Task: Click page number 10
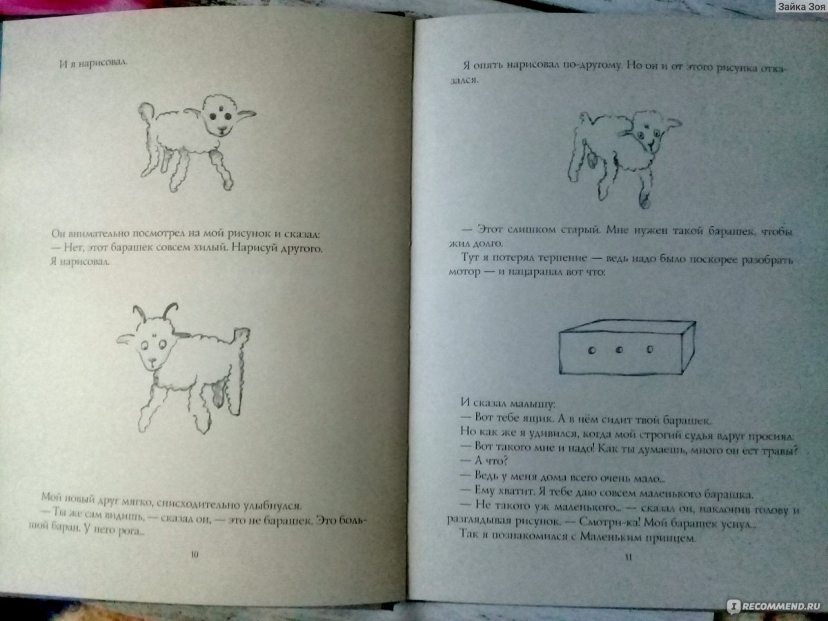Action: pos(195,555)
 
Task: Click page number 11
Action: pos(628,557)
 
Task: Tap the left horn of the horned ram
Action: pos(139,314)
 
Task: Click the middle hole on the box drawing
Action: pos(619,351)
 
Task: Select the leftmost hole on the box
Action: pos(591,351)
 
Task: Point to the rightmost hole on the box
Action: pos(649,350)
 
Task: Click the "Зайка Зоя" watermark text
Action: pos(801,6)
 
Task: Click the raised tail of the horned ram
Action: pos(241,335)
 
